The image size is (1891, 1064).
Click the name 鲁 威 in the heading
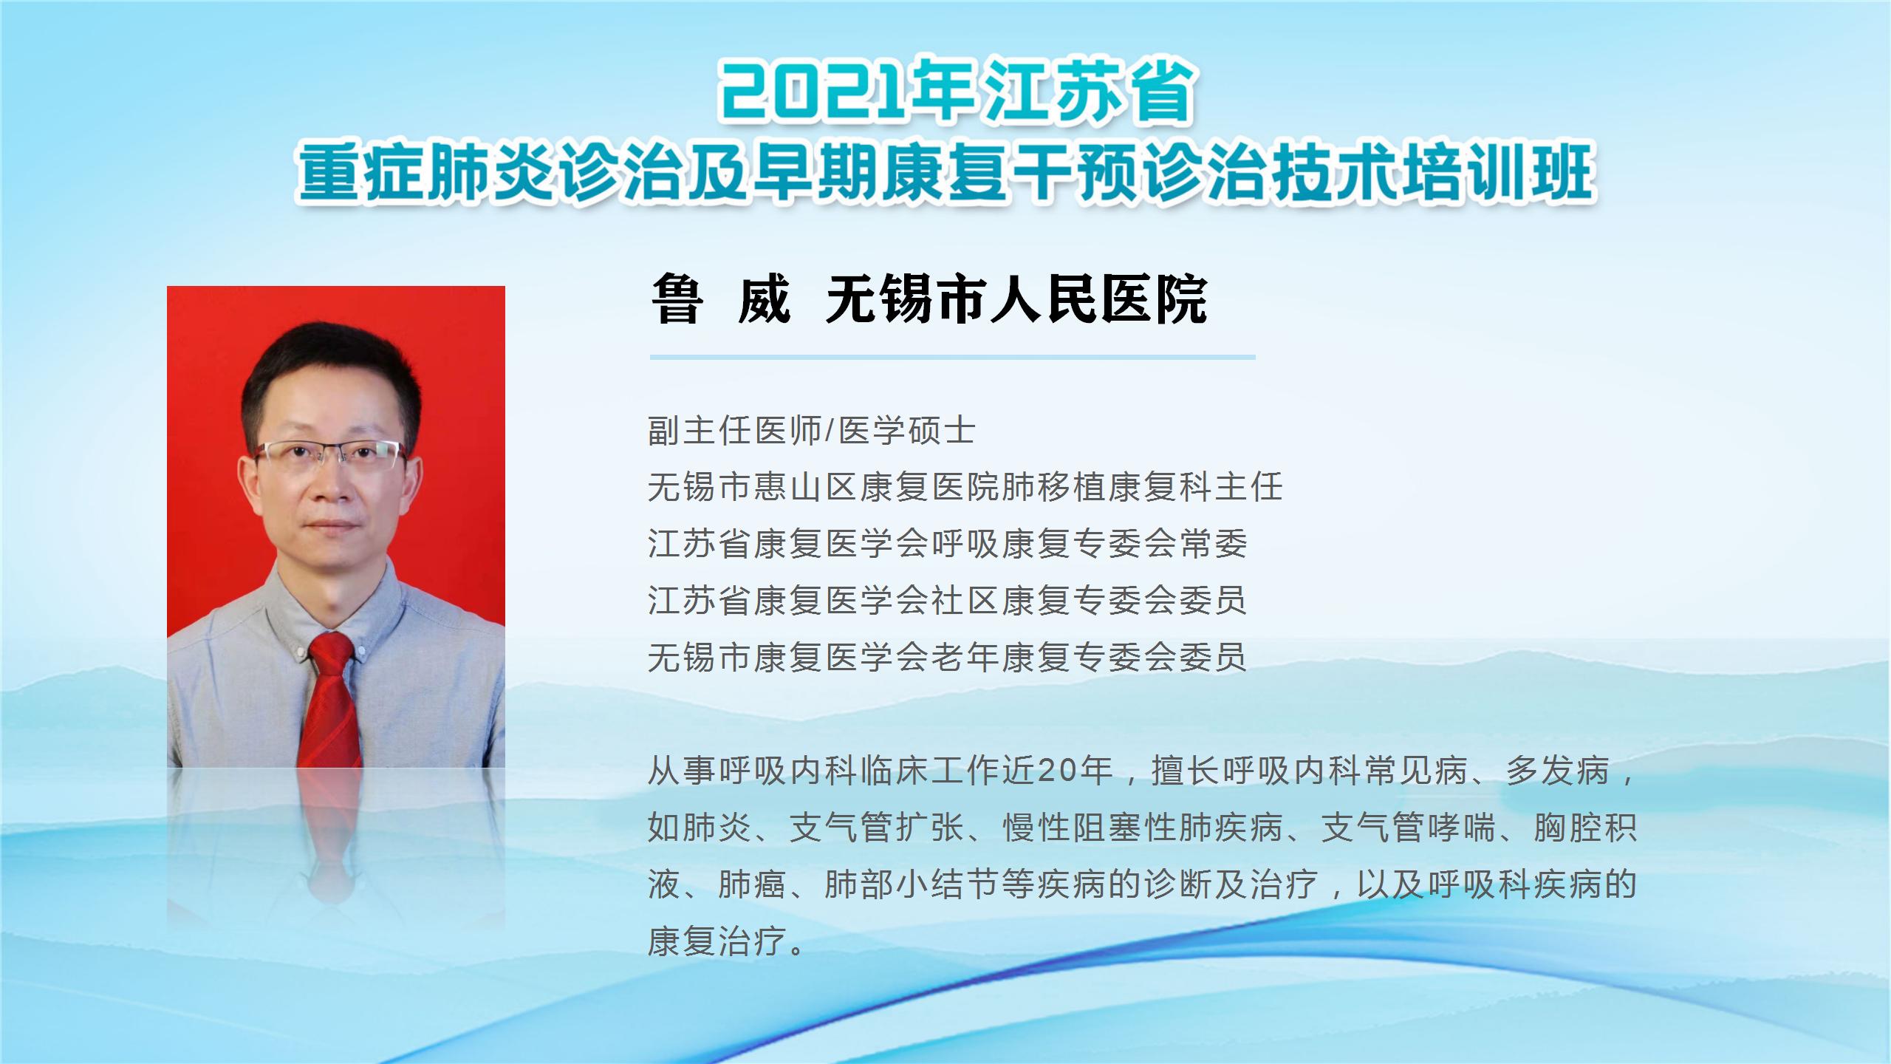pos(722,299)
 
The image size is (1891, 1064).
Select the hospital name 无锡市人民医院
pos(1016,299)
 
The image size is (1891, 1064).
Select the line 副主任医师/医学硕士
pos(812,431)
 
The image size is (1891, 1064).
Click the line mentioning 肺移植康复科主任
pos(965,488)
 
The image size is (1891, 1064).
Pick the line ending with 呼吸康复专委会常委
pos(948,544)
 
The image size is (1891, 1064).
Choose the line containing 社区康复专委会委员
pos(948,600)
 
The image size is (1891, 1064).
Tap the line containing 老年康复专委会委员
pos(948,657)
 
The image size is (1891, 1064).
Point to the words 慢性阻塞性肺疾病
pos(1143,828)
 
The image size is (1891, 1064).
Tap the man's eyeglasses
pos(330,455)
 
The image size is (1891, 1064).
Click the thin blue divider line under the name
pos(952,357)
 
